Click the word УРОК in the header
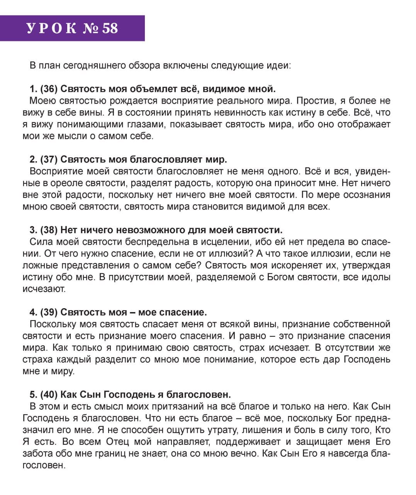pyautogui.click(x=51, y=28)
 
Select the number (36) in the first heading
pyautogui.click(x=49, y=89)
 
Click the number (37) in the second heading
pyautogui.click(x=49, y=159)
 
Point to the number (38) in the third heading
pyautogui.click(x=49, y=230)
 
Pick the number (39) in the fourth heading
pyautogui.click(x=49, y=312)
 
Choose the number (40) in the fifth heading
pyautogui.click(x=49, y=394)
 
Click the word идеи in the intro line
pyautogui.click(x=282, y=65)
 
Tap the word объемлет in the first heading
pyautogui.click(x=149, y=89)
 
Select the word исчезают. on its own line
pyautogui.click(x=44, y=289)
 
